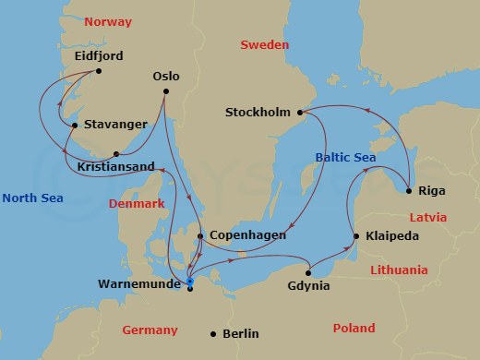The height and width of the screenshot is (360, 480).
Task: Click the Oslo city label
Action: [x=165, y=77]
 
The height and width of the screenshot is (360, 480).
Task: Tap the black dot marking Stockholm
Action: [x=299, y=113]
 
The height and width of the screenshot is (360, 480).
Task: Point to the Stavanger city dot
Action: [x=74, y=126]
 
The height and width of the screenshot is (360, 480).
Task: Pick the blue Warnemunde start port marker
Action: [x=189, y=282]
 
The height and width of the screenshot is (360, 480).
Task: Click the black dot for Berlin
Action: [x=213, y=334]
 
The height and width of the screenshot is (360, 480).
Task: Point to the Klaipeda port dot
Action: [x=355, y=237]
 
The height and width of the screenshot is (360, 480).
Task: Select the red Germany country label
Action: [x=150, y=330]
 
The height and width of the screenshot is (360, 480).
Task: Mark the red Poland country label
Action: [x=354, y=328]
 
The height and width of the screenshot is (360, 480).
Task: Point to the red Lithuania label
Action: [x=399, y=270]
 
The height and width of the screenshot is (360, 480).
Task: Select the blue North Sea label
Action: [x=33, y=197]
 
